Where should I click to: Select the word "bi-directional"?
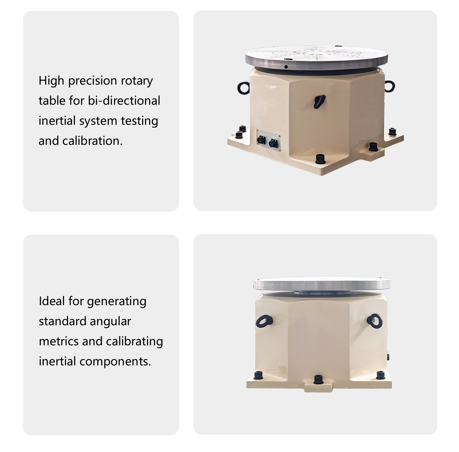(124, 101)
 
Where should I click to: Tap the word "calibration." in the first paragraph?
(92, 141)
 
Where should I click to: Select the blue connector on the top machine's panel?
(273, 143)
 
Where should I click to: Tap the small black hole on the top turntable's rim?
(286, 67)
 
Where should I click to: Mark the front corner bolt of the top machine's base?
(320, 159)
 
